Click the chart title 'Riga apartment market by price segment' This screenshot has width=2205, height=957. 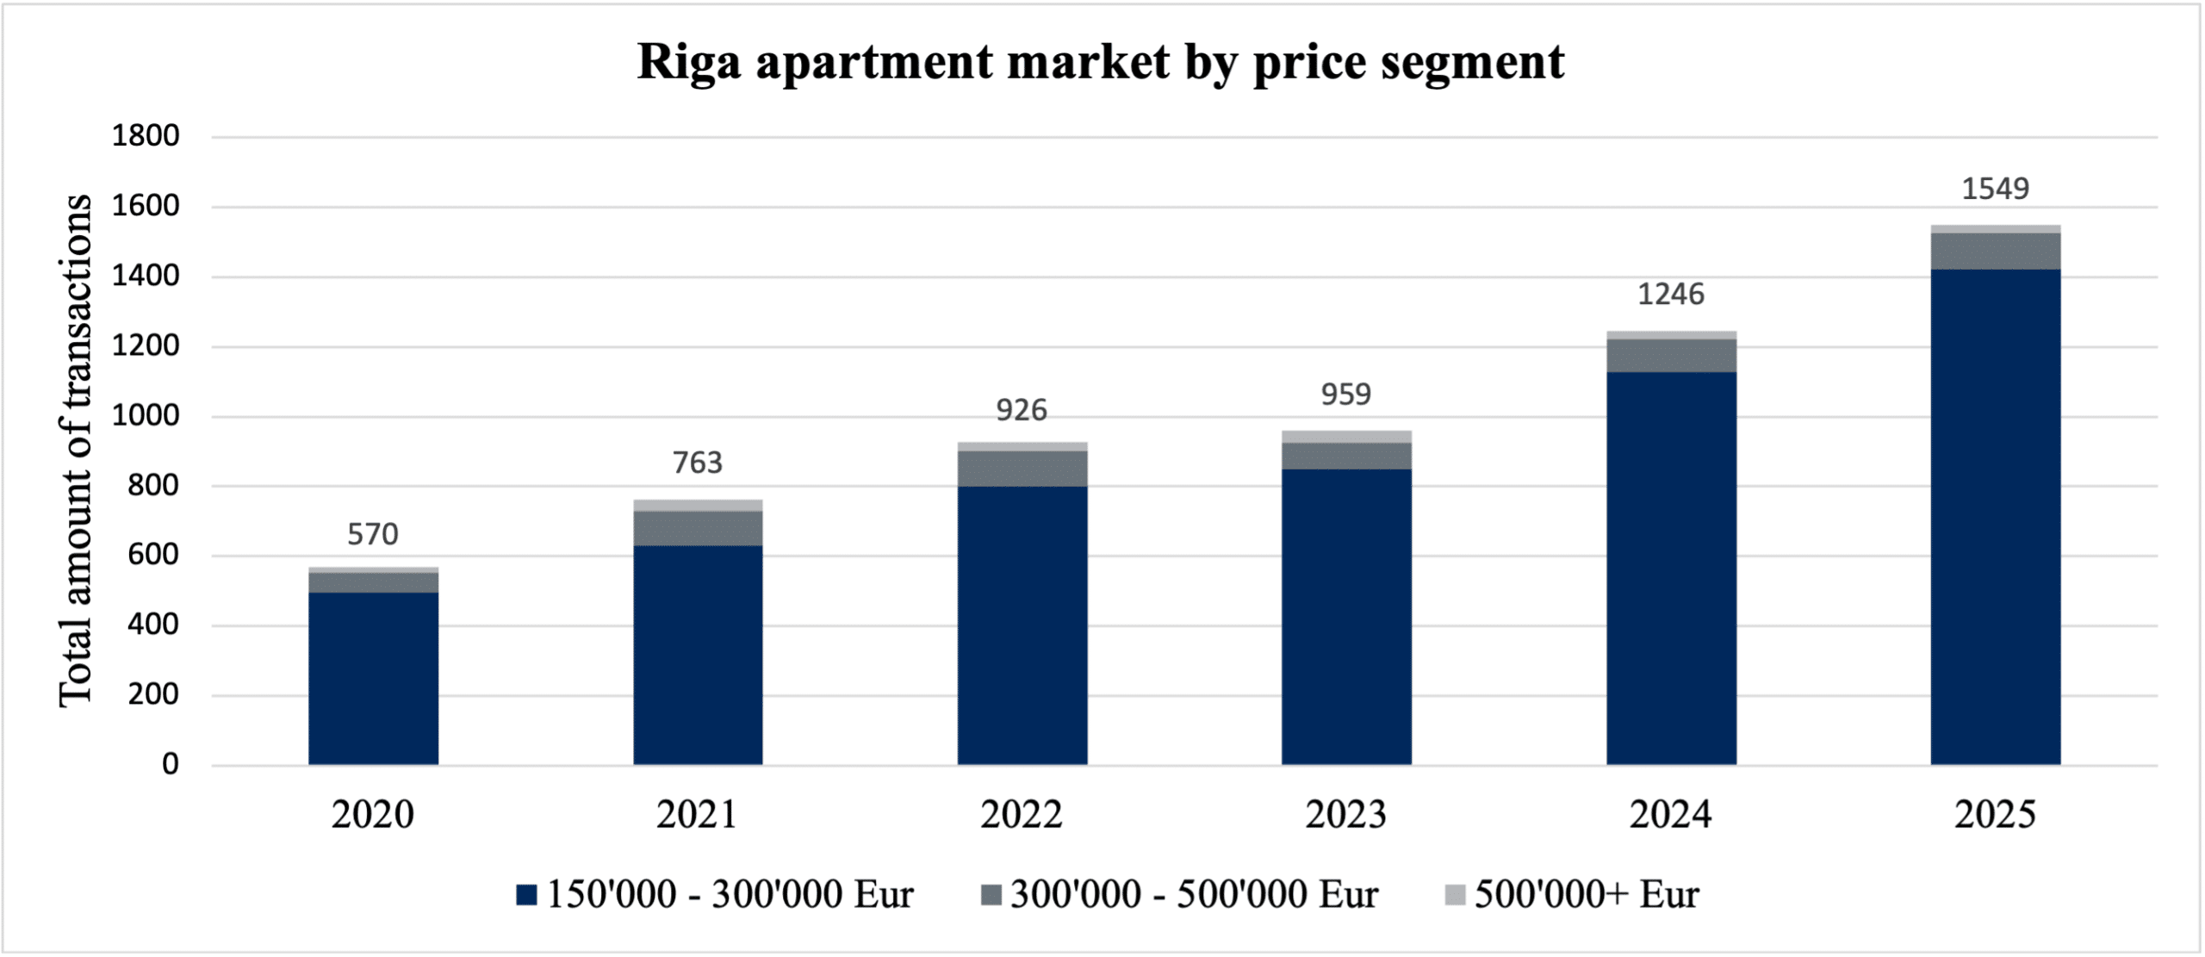(x=1100, y=62)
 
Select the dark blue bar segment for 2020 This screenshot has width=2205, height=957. (x=373, y=679)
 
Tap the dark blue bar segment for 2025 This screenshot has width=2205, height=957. (x=1995, y=517)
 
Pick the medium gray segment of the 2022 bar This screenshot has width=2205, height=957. (x=1022, y=469)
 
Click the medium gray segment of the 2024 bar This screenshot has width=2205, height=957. (x=1671, y=355)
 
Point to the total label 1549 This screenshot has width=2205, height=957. (x=1995, y=189)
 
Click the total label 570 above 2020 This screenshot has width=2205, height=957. (x=373, y=535)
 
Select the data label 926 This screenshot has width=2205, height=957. (x=1022, y=411)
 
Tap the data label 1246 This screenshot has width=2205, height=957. (x=1670, y=295)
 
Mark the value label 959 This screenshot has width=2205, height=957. (x=1346, y=395)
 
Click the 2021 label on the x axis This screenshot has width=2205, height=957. (x=697, y=815)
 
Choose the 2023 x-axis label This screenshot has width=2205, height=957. (x=1346, y=815)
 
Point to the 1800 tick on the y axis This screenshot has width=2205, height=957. (x=146, y=136)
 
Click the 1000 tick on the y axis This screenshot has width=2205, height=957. (x=146, y=416)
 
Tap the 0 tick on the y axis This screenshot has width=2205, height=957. (x=171, y=764)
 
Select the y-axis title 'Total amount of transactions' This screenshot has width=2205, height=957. (x=75, y=450)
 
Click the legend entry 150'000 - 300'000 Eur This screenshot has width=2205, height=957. (x=715, y=894)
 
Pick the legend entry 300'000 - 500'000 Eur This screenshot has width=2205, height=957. (x=1180, y=894)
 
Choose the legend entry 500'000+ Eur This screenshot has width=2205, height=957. (x=1572, y=894)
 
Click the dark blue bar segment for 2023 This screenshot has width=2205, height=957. (x=1346, y=617)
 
